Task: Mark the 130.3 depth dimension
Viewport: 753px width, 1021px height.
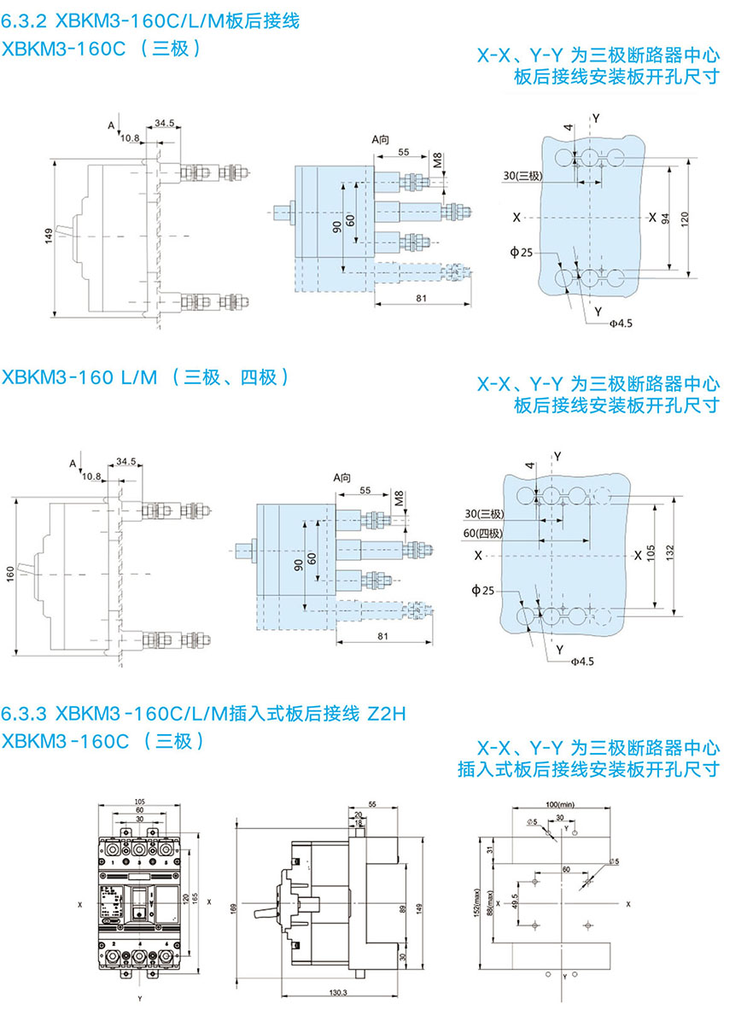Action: click(337, 992)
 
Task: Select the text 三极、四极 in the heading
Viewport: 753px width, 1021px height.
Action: click(231, 376)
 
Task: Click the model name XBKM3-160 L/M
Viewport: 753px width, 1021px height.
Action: click(80, 376)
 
